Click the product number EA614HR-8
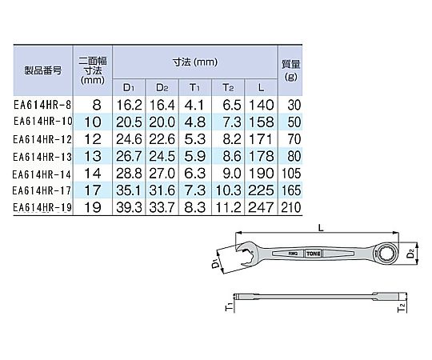(42, 105)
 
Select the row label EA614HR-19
(42, 207)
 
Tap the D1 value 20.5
(129, 122)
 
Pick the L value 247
(261, 207)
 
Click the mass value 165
(291, 190)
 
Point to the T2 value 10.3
(228, 190)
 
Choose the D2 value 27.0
(162, 174)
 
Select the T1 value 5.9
(194, 156)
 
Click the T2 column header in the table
(228, 87)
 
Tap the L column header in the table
(261, 87)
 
